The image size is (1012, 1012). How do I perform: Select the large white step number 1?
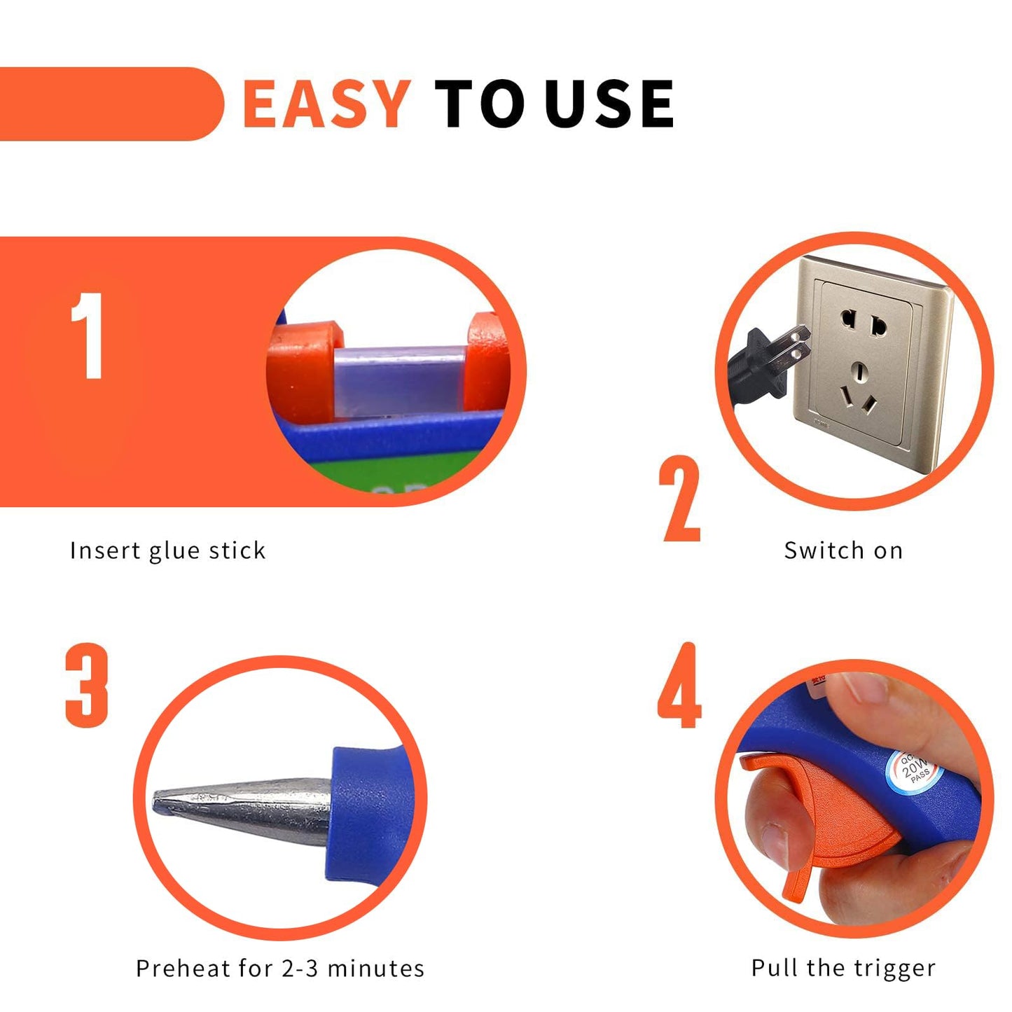(x=89, y=336)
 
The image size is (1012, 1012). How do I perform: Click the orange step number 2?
(x=679, y=499)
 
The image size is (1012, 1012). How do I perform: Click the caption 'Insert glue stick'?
(x=168, y=550)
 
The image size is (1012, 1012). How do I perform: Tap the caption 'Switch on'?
(x=843, y=550)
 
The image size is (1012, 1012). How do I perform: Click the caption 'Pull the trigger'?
(x=843, y=968)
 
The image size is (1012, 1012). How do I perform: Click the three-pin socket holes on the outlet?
(x=860, y=392)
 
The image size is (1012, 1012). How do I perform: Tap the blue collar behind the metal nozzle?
(x=364, y=812)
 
